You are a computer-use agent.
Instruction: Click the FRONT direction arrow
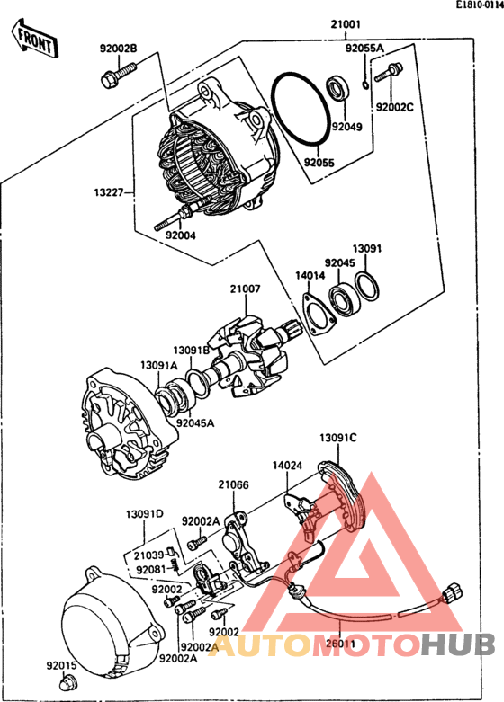pos(34,38)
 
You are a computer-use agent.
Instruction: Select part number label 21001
pos(346,24)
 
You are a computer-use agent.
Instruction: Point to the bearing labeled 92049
pos(337,89)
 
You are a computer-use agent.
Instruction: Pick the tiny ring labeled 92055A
pos(365,84)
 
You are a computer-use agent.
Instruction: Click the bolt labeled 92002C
pos(389,73)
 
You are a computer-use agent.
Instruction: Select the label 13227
pos(109,192)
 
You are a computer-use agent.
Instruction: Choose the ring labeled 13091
pos(367,286)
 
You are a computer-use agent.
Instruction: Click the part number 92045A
pos(195,423)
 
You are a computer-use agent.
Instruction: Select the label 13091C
pos(338,438)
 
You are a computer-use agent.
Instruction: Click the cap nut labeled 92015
pos(68,683)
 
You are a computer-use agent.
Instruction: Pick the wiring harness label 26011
pos(341,644)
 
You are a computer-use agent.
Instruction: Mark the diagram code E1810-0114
pos(480,4)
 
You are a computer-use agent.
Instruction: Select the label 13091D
pos(144,514)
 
